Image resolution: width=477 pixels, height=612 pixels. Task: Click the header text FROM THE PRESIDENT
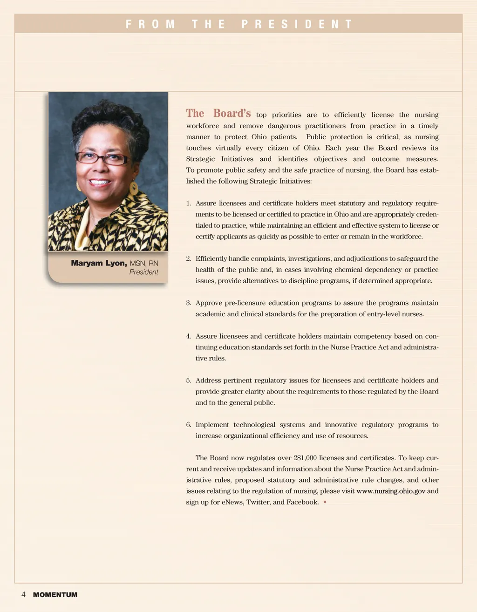(238, 24)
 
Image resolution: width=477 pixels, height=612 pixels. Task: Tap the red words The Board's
(218, 114)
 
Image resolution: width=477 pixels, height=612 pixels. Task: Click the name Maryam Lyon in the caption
(99, 263)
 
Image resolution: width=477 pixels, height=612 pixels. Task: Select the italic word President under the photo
(143, 272)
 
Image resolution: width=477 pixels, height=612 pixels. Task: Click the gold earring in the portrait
(134, 188)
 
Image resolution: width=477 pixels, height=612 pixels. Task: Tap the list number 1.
(188, 204)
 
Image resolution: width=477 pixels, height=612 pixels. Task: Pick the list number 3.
(188, 303)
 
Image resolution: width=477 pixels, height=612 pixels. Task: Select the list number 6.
(188, 425)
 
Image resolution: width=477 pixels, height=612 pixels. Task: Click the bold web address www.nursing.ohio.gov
(391, 491)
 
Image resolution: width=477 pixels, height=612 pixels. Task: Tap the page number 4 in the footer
(23, 595)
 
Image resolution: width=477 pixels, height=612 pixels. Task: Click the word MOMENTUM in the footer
(55, 595)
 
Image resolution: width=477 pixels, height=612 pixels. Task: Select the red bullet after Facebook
(325, 502)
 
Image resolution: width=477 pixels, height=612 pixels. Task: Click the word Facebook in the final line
(302, 502)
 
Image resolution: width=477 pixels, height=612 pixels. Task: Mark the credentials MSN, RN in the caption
(144, 263)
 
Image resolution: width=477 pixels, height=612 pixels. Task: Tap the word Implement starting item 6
(211, 425)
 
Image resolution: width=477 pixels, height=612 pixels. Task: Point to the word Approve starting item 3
(209, 303)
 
